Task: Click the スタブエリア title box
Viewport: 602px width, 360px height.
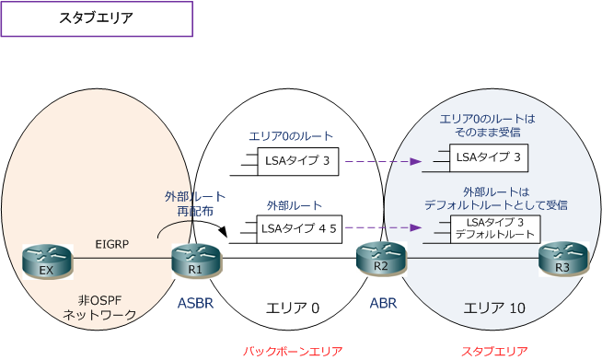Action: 97,18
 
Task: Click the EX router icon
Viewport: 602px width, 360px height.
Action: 45,261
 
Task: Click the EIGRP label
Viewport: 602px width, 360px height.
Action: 111,245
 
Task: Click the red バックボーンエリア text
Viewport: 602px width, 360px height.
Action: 293,351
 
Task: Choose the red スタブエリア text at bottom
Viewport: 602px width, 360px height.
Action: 494,351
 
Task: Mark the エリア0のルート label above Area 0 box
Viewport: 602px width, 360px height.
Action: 291,135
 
